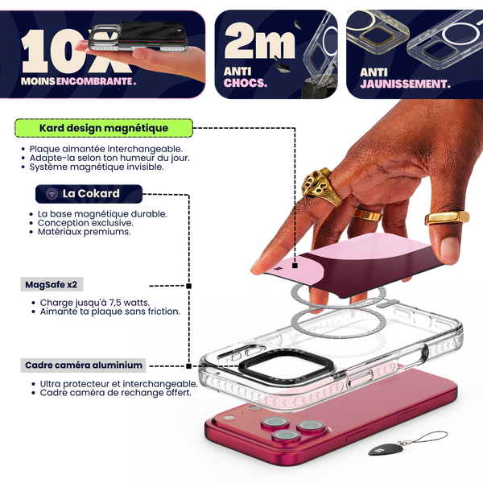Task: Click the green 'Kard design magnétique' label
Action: coord(104,128)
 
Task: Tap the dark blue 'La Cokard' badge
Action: coord(89,194)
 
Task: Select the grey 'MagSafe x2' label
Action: coord(52,284)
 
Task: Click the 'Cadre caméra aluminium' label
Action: coord(83,365)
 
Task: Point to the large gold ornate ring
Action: coord(321,187)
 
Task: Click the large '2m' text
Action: coord(260,41)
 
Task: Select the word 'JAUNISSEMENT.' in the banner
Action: coord(405,84)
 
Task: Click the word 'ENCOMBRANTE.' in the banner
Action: coord(96,81)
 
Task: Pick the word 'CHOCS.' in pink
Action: coord(246,83)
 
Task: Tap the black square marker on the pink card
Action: coord(295,266)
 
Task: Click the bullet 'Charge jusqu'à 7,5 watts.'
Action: coord(94,303)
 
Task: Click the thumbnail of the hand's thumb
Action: coord(449,250)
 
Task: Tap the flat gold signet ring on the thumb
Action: coord(447,218)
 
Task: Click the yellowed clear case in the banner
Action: coord(378,31)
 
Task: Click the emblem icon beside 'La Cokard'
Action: coord(52,194)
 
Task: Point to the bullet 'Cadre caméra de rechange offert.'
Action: coord(115,393)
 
